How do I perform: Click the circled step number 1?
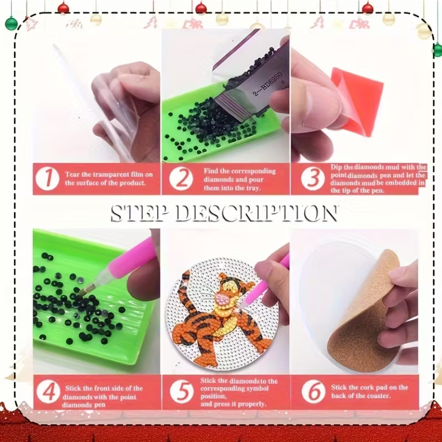pos(48,179)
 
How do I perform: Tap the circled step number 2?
pos(181,179)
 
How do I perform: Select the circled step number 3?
pos(313,178)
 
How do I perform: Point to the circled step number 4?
pos(48,392)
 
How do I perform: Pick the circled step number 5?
pos(182,392)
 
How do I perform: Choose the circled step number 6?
pos(313,391)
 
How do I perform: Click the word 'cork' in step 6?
pos(368,387)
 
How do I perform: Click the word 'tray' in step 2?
pos(252,188)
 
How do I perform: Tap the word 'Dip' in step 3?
pos(336,167)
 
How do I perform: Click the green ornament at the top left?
pos(11,24)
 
